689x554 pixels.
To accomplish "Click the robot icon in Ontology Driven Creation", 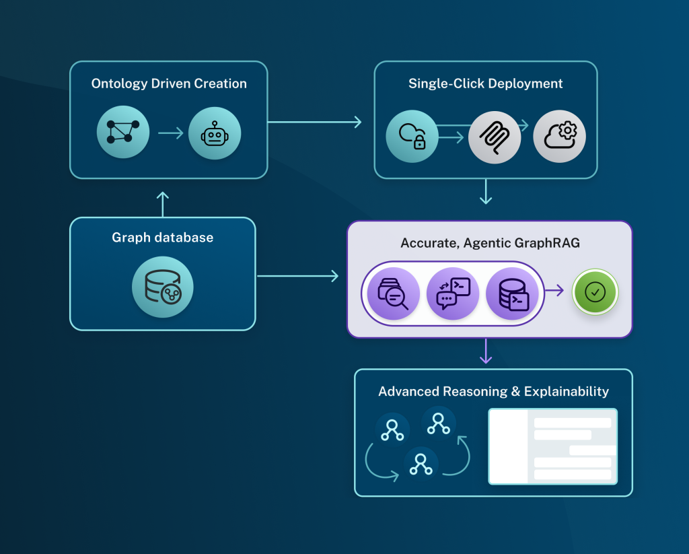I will (214, 134).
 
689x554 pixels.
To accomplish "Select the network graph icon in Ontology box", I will (123, 133).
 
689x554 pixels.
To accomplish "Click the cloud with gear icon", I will (559, 137).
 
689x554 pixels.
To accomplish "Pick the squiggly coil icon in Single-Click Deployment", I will (495, 137).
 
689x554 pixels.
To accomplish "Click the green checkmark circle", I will (595, 292).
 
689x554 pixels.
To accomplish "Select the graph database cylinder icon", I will (162, 287).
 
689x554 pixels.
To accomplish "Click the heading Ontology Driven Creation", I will (169, 84).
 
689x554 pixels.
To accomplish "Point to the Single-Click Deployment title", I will (485, 84).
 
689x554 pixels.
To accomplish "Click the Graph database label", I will (162, 238).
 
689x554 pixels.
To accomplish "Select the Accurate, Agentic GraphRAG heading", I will (490, 243).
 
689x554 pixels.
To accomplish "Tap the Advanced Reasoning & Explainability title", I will (493, 391).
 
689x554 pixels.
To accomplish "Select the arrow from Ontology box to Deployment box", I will (314, 122).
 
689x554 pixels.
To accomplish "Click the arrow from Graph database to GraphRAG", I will (297, 275).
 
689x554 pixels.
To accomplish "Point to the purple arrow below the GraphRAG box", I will (484, 351).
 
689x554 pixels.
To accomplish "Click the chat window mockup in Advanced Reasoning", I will (552, 446).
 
